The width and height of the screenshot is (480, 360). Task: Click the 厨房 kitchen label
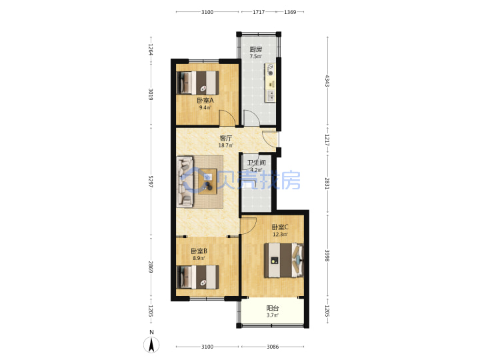click(255, 49)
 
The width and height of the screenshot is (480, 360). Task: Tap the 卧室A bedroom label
click(205, 101)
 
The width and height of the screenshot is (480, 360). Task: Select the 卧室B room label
click(199, 251)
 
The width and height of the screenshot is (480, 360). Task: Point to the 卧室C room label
click(280, 227)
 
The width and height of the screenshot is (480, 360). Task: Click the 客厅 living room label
click(226, 138)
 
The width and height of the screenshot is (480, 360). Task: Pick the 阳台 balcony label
click(273, 308)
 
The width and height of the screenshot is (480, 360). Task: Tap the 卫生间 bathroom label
click(256, 163)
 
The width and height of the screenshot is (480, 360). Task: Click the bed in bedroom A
click(198, 83)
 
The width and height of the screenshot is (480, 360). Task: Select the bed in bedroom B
click(198, 277)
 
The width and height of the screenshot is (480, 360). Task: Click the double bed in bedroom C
click(284, 261)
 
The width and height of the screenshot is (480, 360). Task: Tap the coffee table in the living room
click(207, 181)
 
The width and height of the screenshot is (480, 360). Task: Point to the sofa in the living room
click(185, 181)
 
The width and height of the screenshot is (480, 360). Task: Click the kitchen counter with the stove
click(270, 83)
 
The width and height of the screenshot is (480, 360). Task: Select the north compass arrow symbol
click(151, 345)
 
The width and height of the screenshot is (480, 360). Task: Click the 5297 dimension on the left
click(151, 181)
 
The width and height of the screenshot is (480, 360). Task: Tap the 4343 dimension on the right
click(327, 81)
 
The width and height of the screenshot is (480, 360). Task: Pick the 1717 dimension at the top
click(259, 12)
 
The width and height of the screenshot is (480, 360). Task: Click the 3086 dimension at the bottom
click(273, 347)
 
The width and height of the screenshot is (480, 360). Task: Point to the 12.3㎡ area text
click(280, 235)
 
